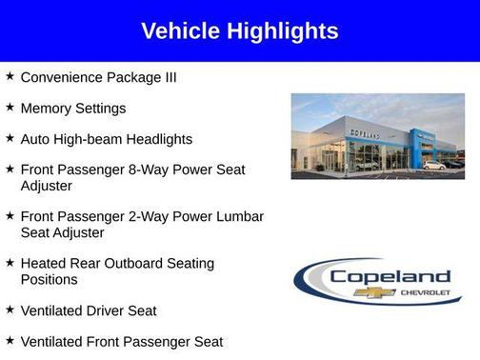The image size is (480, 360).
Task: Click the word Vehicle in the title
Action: (180, 31)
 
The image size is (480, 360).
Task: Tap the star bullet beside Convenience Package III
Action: (10, 76)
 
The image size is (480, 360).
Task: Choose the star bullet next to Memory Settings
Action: (10, 108)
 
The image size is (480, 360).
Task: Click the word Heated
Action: (46, 263)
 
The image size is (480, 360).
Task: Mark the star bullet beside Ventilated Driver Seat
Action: (10, 310)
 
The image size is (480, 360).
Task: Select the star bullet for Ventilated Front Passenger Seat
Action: (10, 340)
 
